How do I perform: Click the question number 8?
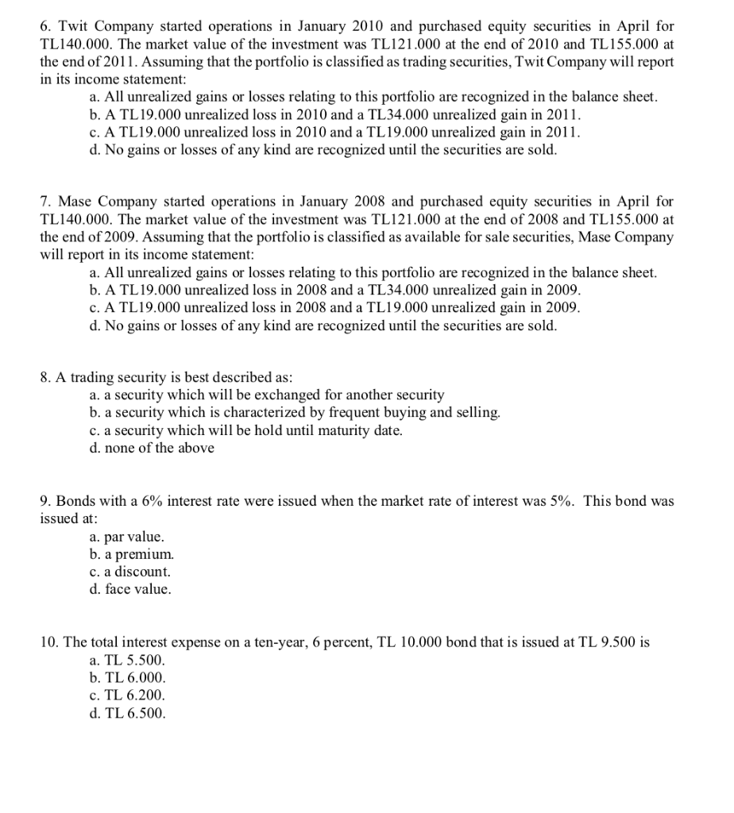point(45,377)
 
